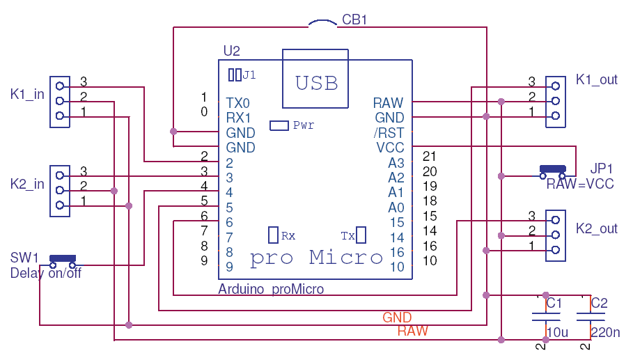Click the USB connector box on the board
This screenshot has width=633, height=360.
tap(315, 79)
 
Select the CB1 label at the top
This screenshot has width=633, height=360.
tap(354, 20)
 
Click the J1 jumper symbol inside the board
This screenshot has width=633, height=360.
tap(235, 74)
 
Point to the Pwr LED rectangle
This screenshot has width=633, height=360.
tap(279, 125)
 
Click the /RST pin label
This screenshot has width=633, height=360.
tap(389, 132)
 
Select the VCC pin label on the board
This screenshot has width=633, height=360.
tap(389, 148)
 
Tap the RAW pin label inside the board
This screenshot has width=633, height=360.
tap(388, 103)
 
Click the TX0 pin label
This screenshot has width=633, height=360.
tap(238, 103)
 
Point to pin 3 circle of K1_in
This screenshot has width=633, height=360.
tap(60, 86)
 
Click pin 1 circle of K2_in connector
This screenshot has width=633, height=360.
tap(60, 205)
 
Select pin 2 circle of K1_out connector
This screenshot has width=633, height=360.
tap(555, 101)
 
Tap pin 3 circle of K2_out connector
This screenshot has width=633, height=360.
tap(555, 220)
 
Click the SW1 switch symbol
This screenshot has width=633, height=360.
tap(62, 260)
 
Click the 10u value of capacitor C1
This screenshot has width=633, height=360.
tap(558, 333)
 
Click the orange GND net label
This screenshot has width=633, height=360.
tap(397, 318)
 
